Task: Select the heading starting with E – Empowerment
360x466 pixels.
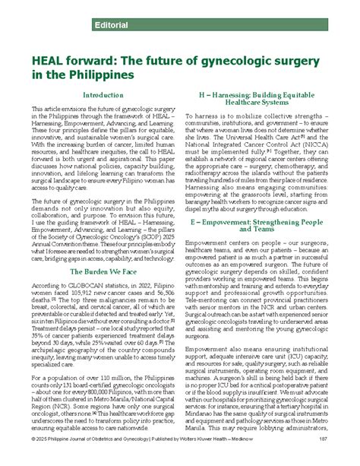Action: point(257,203)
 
